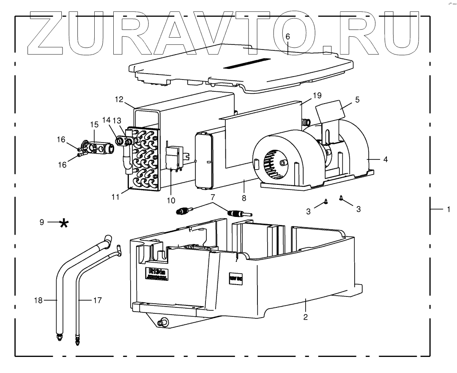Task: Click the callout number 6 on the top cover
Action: [x=287, y=36]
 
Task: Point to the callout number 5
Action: [x=357, y=101]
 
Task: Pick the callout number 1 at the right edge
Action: [x=448, y=209]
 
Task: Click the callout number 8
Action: [x=244, y=197]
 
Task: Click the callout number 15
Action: [x=94, y=125]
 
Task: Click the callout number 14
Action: [x=106, y=120]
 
